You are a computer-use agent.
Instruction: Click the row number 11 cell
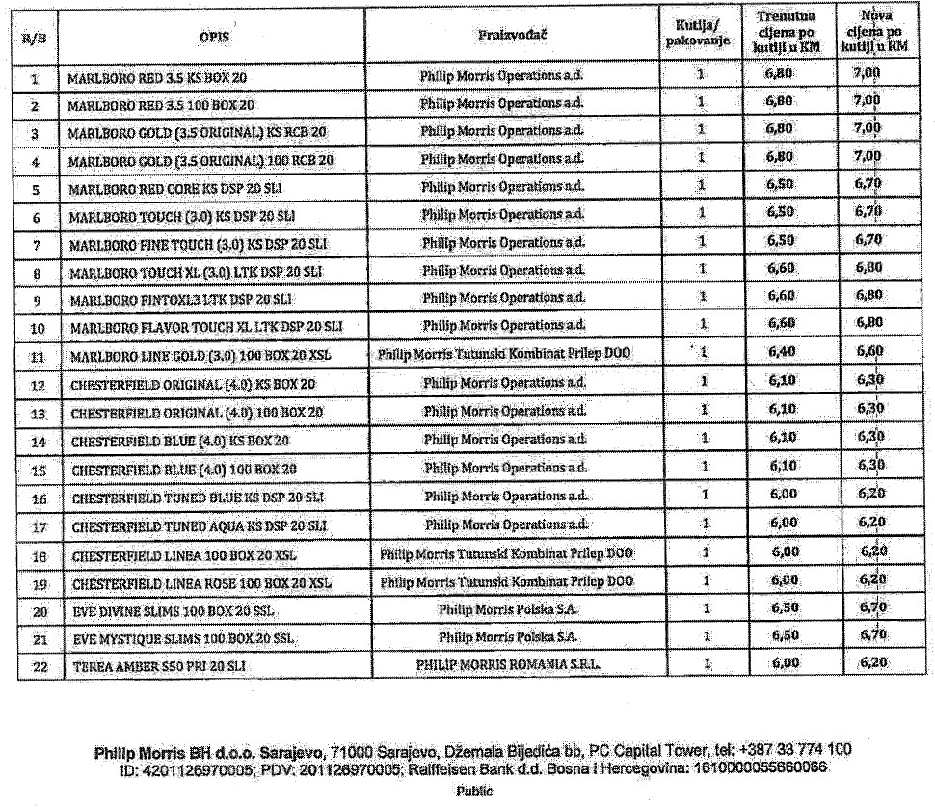coord(35,356)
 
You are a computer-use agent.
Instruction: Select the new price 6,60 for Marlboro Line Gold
coord(868,354)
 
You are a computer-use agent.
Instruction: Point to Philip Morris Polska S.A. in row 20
coord(507,609)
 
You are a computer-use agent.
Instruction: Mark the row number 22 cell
coord(35,666)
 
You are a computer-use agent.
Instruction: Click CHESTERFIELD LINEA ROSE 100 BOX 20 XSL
coord(201,584)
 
